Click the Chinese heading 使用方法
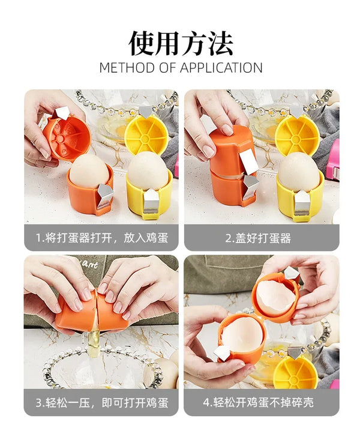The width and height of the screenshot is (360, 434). point(181,43)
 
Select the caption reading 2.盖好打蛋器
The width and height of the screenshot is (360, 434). point(258,238)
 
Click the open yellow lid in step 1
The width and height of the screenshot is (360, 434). point(146,133)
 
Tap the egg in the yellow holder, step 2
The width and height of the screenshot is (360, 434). point(298,170)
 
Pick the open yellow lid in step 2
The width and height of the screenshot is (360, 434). point(298,133)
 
